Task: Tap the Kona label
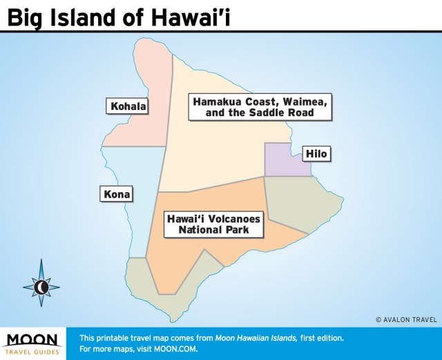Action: (x=115, y=193)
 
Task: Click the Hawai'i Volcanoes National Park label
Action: (x=214, y=225)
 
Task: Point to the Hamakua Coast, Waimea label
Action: (x=260, y=106)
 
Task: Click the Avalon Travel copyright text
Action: (x=406, y=319)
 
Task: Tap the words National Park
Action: (x=213, y=230)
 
